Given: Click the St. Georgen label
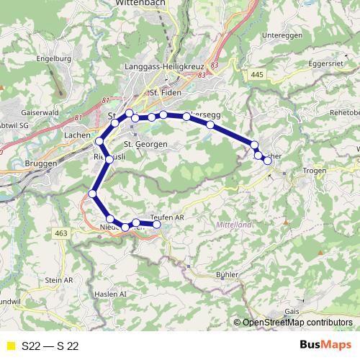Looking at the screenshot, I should (146, 144).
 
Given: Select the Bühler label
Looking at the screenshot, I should (227, 275).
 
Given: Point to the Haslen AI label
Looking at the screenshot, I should (110, 294).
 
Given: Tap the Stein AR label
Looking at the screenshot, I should (58, 279).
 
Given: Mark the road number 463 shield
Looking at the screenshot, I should (61, 233).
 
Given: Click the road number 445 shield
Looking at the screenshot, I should (257, 74).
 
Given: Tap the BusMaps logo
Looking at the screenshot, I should (325, 345).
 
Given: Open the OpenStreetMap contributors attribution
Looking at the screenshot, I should (297, 323).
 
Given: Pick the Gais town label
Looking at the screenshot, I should (292, 311).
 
